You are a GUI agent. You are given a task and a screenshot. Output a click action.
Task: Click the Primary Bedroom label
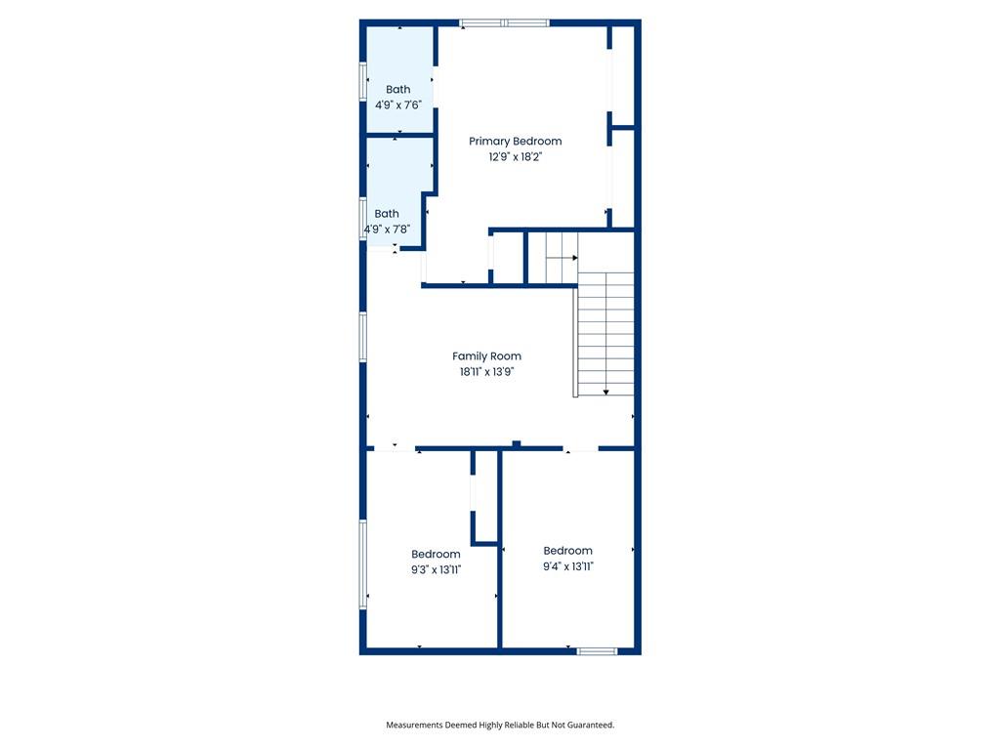[x=516, y=142]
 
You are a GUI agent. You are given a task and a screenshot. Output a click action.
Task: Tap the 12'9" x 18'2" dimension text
[x=516, y=157]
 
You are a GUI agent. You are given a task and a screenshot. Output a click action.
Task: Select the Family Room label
[x=486, y=356]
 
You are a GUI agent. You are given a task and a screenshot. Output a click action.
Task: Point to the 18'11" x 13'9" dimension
[x=486, y=372]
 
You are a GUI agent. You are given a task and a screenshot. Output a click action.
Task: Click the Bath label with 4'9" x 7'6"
[x=398, y=90]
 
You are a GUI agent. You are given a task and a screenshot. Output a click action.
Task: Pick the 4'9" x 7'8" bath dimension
[x=387, y=229]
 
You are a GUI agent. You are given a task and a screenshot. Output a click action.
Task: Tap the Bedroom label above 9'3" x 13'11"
[x=436, y=555]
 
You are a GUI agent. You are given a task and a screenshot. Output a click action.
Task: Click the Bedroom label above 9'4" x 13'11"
[x=567, y=551]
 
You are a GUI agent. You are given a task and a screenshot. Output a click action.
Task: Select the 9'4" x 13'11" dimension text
[x=568, y=566]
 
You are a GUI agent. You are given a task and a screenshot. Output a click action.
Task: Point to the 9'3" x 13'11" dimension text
[x=437, y=570]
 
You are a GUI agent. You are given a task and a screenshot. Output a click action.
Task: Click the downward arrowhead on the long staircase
[x=605, y=393]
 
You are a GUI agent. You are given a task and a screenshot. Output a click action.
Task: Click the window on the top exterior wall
[x=505, y=23]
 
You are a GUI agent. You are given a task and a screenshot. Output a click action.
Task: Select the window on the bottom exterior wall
[x=597, y=651]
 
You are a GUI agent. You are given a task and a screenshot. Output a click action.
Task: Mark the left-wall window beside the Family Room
[x=363, y=337]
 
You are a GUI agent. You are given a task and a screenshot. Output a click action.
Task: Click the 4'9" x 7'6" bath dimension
[x=398, y=105]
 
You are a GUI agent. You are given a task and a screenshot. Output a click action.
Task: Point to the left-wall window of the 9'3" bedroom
[x=363, y=564]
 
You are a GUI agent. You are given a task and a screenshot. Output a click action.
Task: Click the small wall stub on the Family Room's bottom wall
[x=517, y=444]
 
